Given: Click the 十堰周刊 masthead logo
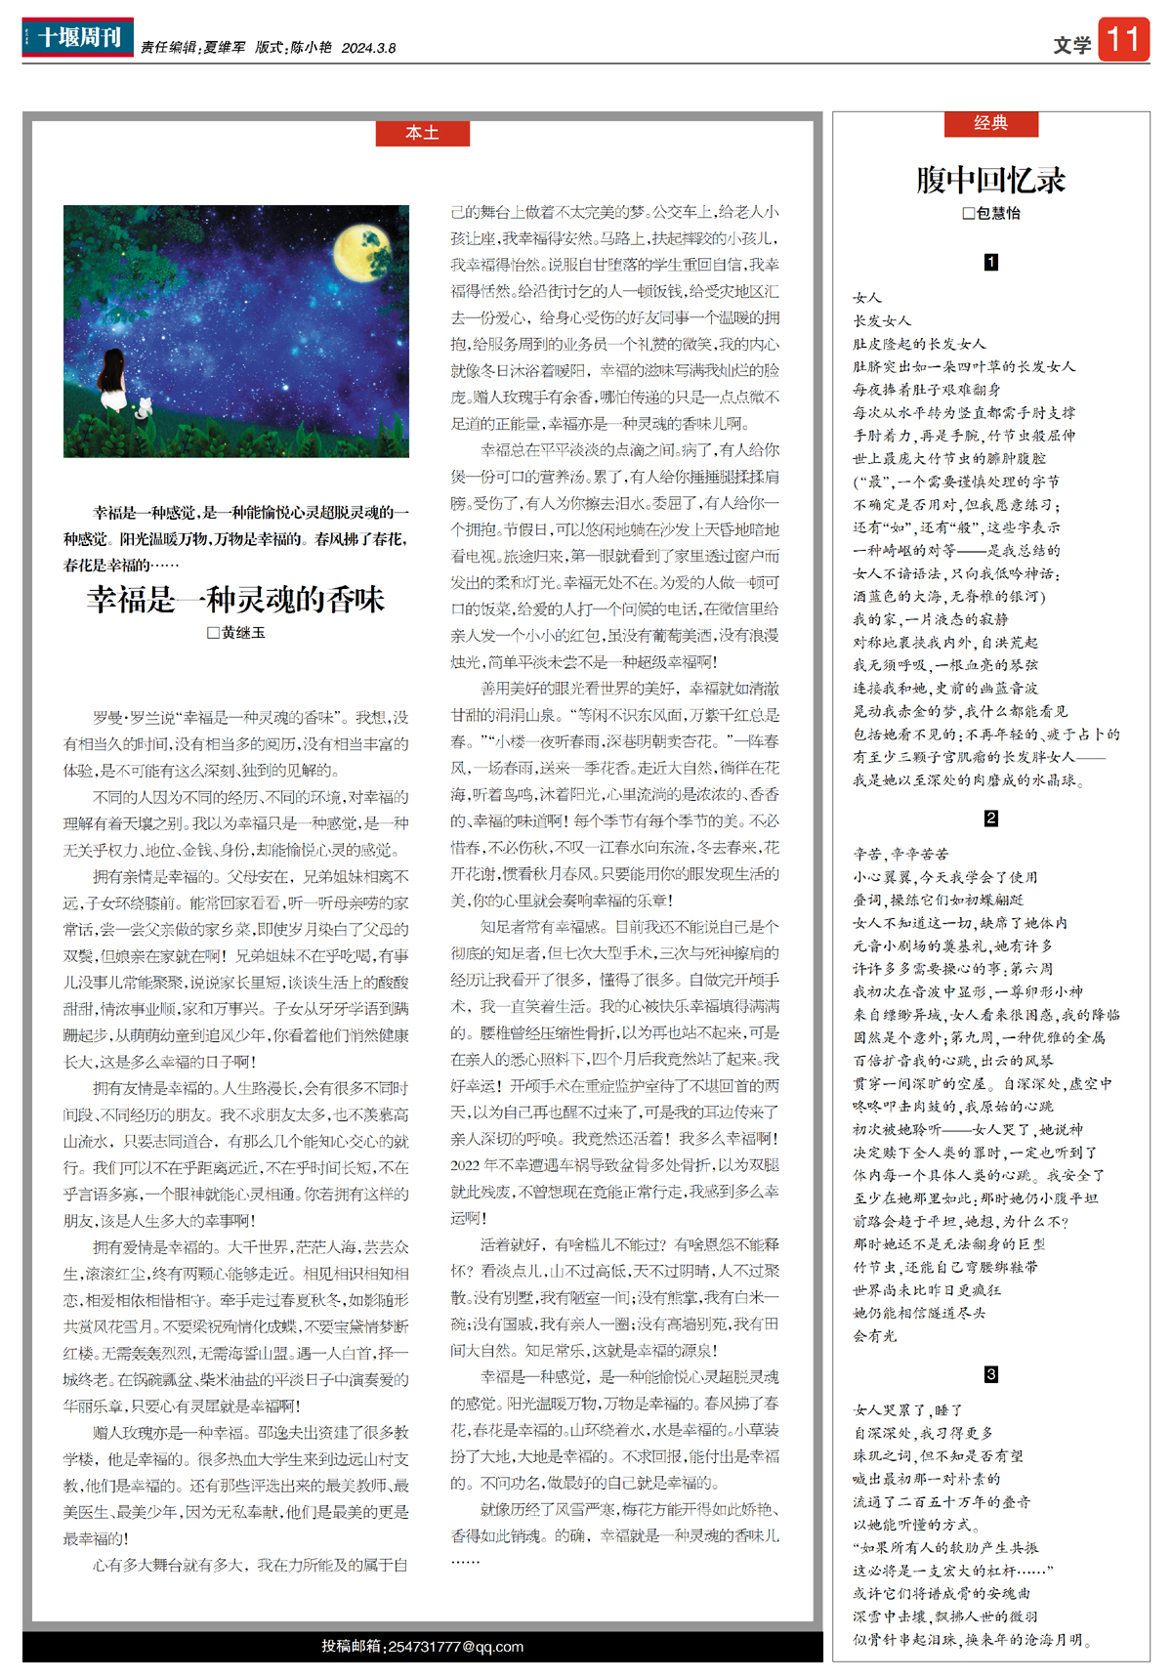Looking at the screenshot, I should (x=77, y=37).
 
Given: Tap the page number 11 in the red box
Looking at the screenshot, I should (x=1123, y=40).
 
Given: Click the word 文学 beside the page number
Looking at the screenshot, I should (x=1072, y=45).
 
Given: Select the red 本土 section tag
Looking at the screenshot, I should (x=422, y=133).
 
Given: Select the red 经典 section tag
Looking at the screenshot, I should (x=990, y=123).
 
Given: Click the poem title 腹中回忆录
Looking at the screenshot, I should (x=990, y=180).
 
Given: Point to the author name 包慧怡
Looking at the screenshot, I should (x=997, y=213).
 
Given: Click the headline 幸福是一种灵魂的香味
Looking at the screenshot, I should (x=235, y=599).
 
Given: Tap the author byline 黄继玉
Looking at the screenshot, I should (x=242, y=633).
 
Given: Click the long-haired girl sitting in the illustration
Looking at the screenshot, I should (x=114, y=383).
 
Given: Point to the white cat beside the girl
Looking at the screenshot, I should (x=146, y=407).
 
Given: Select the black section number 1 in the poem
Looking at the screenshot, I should (x=990, y=262).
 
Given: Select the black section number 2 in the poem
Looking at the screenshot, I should (x=990, y=819).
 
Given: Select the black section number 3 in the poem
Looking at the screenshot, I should (x=990, y=1374).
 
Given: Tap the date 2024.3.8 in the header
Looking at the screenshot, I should (x=368, y=48).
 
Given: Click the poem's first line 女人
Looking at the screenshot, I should (x=866, y=298).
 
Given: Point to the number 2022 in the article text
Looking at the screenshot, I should (x=469, y=1165).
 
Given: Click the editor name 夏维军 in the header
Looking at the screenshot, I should (x=225, y=48).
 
